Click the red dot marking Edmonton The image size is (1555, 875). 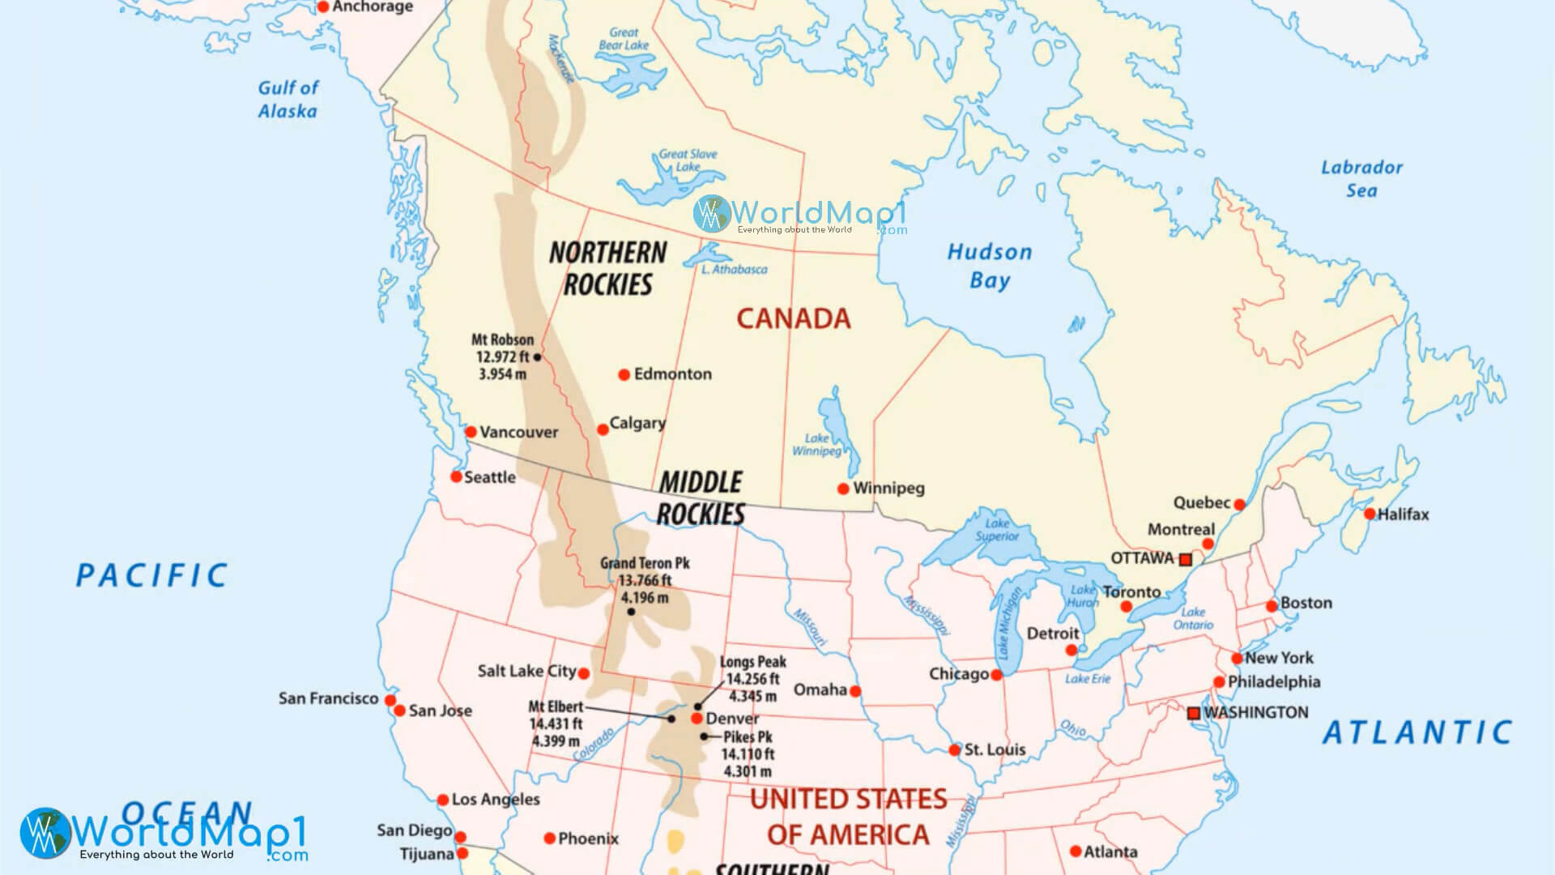click(624, 374)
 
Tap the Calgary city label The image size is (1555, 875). click(637, 423)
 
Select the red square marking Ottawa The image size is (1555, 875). click(1186, 560)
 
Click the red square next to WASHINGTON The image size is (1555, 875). click(1193, 713)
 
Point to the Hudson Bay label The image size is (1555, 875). click(990, 266)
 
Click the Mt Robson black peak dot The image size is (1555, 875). click(537, 356)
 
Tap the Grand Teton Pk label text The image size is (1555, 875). click(645, 563)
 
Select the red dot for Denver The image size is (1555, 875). click(697, 719)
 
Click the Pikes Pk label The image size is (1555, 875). click(748, 737)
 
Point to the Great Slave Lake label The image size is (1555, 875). click(688, 160)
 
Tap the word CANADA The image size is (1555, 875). click(793, 318)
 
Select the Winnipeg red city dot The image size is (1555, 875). click(843, 489)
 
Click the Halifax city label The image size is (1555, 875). click(1403, 514)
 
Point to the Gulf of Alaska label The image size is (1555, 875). click(288, 99)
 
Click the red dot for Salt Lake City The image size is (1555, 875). click(584, 673)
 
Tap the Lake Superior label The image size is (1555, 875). click(997, 530)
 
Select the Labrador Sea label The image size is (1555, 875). click(1361, 178)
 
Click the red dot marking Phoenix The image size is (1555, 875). click(549, 839)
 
